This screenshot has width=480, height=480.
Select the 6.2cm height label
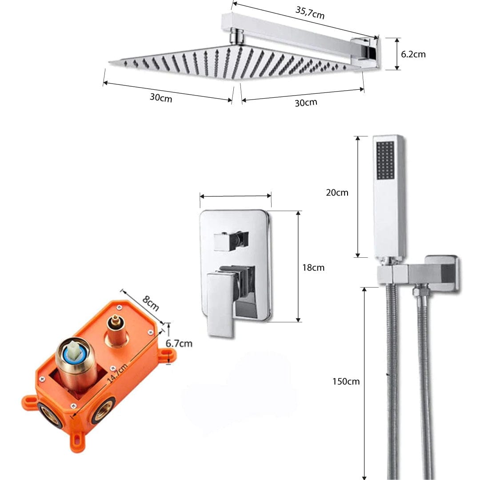pyautogui.click(x=413, y=54)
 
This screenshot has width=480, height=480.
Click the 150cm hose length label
pyautogui.click(x=345, y=381)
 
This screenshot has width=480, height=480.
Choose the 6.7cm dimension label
pyautogui.click(x=179, y=343)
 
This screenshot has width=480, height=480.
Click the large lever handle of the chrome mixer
pyautogui.click(x=221, y=302)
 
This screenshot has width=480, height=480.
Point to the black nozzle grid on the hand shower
pyautogui.click(x=385, y=160)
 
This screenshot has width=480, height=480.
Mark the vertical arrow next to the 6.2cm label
pyautogui.click(x=397, y=54)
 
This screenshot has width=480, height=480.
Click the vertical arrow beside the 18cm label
pyautogui.click(x=299, y=266)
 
